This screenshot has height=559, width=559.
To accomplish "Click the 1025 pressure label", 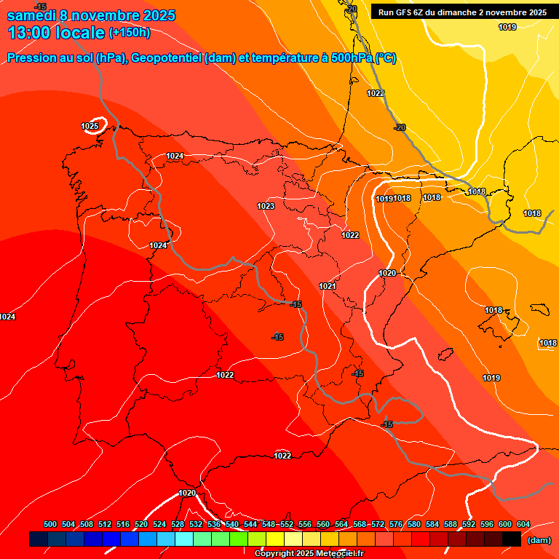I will click(90, 126).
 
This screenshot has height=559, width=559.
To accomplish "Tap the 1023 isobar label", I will click(266, 206).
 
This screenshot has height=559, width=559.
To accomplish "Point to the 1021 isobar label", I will click(328, 286).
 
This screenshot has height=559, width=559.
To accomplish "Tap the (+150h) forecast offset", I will click(130, 33).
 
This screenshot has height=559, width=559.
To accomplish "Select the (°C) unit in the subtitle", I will click(386, 58).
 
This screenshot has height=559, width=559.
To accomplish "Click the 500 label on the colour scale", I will click(50, 524).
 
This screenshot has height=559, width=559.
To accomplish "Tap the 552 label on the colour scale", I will click(286, 524).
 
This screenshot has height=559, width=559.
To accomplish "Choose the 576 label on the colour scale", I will click(396, 524).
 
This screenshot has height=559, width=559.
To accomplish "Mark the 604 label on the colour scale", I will click(523, 524).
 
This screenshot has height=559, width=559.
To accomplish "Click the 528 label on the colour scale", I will click(178, 524).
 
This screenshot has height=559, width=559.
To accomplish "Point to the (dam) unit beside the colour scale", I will click(539, 540).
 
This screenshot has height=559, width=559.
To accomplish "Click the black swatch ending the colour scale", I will click(512, 539).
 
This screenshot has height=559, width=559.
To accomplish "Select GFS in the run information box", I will click(404, 12).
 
